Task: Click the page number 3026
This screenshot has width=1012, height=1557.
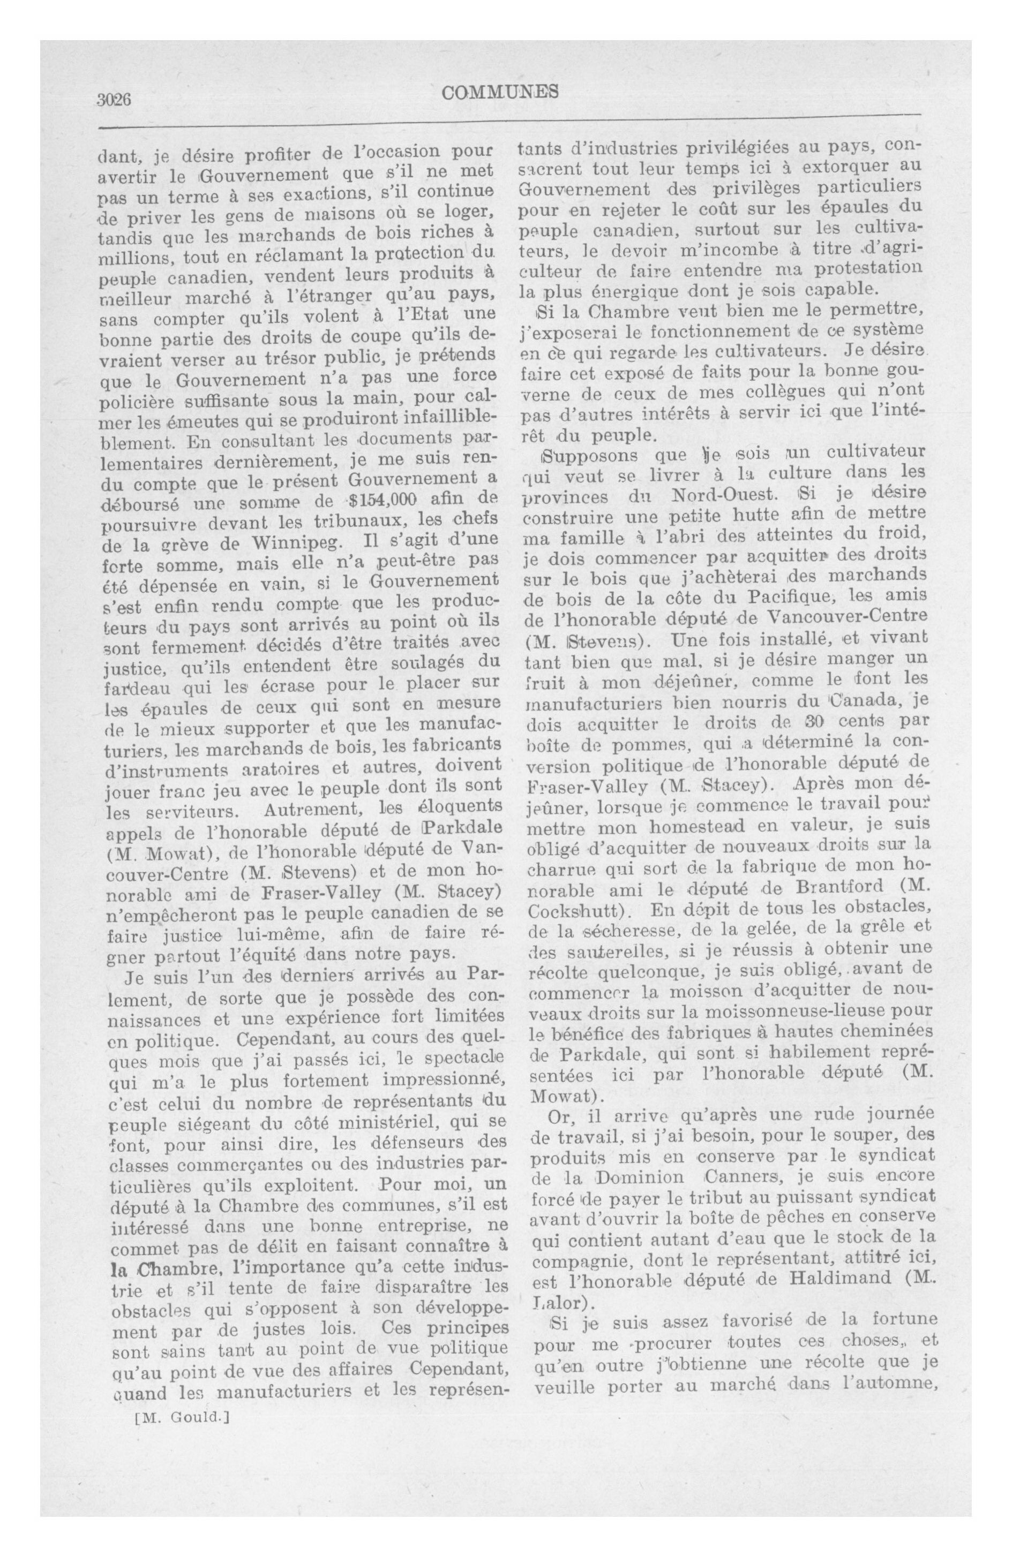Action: pos(115,100)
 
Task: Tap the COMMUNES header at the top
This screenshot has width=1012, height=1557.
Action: pos(500,92)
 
